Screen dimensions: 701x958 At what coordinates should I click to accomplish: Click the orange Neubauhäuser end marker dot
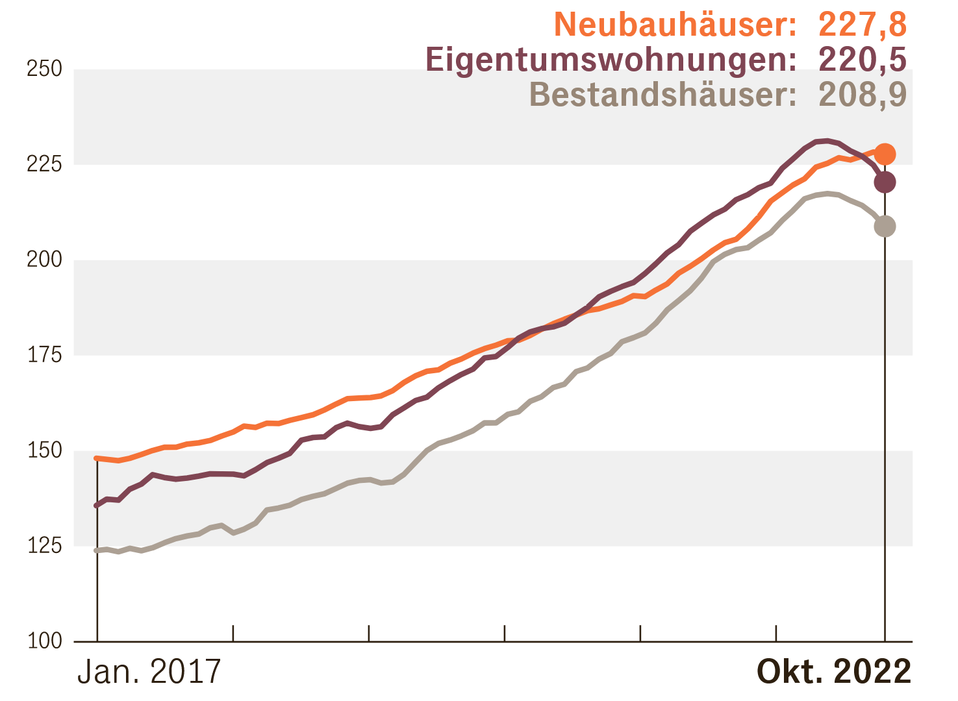point(885,154)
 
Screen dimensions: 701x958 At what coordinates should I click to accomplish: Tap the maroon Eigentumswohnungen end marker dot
point(885,182)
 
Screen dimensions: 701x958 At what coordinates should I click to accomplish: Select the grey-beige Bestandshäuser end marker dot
point(885,227)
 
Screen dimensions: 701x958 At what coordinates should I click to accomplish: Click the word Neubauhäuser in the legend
point(675,25)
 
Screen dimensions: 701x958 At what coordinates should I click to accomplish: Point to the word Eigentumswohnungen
point(611,60)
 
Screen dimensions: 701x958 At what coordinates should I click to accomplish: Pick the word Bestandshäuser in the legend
point(662,95)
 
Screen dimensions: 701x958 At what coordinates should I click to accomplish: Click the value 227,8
point(862,25)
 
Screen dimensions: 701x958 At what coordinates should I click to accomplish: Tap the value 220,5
point(862,60)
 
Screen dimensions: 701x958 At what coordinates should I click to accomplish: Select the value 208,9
point(862,95)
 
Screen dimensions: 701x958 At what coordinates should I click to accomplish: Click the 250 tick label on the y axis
point(44,69)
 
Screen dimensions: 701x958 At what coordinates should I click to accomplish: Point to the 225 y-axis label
point(44,164)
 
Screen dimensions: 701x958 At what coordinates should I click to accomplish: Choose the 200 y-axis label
point(44,260)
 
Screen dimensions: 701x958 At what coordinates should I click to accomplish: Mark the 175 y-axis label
point(44,355)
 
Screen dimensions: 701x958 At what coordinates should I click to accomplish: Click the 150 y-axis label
point(44,450)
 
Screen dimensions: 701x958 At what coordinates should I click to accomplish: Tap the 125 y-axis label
point(44,546)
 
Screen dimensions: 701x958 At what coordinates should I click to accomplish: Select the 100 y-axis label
point(44,641)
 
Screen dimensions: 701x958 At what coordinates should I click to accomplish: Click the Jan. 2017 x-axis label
point(149,672)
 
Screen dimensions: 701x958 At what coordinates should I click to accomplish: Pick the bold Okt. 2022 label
point(834,672)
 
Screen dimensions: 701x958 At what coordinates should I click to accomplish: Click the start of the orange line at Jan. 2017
point(97,458)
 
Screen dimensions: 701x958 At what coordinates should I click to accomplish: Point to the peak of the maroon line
point(826,140)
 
